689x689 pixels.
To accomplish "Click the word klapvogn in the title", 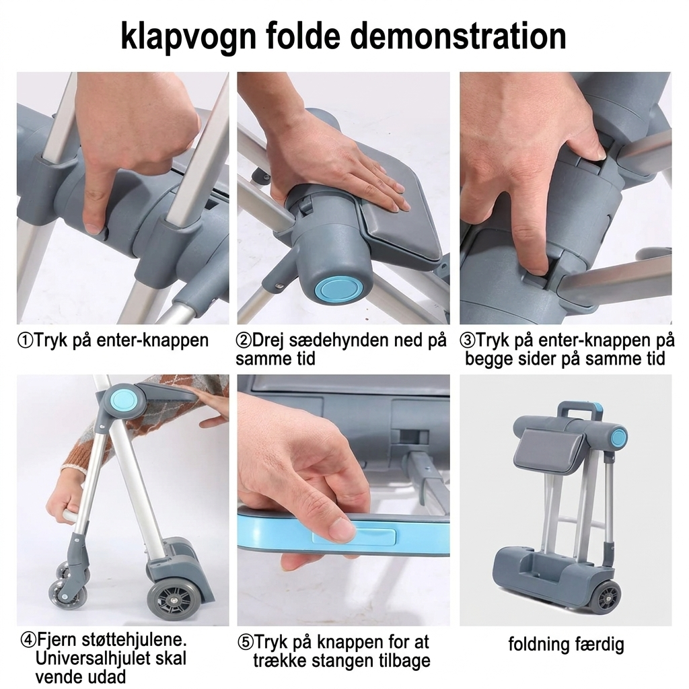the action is point(188,38).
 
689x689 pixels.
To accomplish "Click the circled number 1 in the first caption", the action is point(25,340).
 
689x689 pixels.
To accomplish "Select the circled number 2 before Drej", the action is point(244,340).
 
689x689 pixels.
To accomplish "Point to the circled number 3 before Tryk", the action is point(467,340).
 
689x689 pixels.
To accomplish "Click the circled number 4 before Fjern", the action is point(28,640).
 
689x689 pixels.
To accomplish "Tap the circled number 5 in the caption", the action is point(246,643).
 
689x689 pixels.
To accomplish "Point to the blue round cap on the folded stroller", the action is point(619,437).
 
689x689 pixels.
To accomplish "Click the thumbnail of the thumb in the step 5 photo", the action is point(338,528).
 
